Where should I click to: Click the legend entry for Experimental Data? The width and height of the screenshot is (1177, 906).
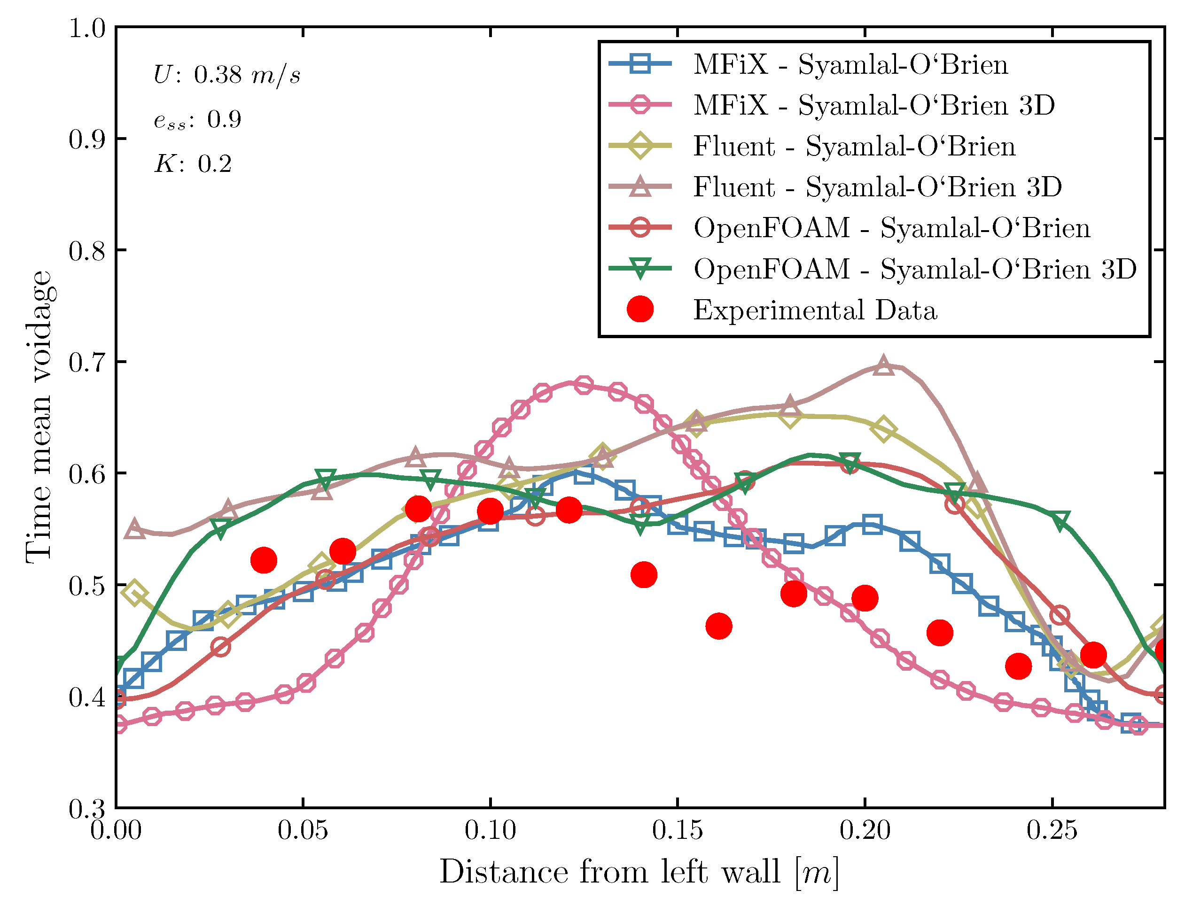click(815, 310)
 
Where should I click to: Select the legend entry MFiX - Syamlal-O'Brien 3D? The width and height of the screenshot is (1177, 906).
click(873, 105)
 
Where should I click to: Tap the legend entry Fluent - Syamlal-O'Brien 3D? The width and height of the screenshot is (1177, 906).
click(877, 187)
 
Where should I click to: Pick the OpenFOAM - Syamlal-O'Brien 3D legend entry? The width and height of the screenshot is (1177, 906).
click(914, 269)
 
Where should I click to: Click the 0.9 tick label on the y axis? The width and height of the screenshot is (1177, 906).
click(86, 139)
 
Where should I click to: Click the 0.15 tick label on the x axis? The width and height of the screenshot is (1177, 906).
click(678, 830)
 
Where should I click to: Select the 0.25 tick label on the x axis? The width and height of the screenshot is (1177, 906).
click(1052, 830)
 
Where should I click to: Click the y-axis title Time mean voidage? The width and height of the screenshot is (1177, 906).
click(39, 418)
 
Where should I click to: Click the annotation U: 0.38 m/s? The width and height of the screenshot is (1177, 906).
click(227, 74)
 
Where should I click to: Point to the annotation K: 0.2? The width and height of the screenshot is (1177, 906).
click(193, 164)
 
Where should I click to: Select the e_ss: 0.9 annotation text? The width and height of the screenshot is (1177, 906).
click(197, 120)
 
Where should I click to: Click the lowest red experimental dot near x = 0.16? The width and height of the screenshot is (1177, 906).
click(718, 627)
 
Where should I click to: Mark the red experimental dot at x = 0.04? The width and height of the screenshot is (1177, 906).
click(264, 560)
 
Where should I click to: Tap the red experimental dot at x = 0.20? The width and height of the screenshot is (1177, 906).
click(865, 598)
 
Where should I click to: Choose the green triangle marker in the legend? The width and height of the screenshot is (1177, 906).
click(640, 269)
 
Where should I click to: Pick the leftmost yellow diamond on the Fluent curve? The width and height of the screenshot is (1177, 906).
click(135, 594)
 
